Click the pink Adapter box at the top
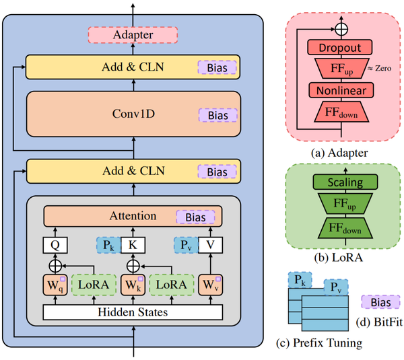[133, 34]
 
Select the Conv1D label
[133, 114]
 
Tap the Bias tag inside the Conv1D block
[216, 116]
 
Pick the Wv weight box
[210, 285]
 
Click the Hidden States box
[133, 312]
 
